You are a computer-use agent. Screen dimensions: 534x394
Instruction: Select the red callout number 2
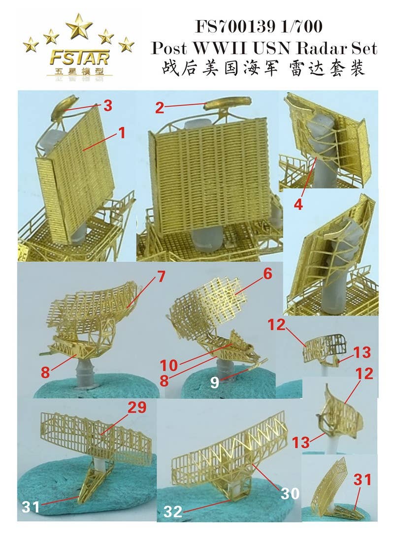point(159,108)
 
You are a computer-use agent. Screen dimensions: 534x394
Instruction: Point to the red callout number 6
point(267,274)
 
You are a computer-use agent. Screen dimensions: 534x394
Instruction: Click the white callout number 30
point(290,493)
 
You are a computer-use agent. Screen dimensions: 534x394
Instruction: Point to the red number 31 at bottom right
point(363,480)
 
